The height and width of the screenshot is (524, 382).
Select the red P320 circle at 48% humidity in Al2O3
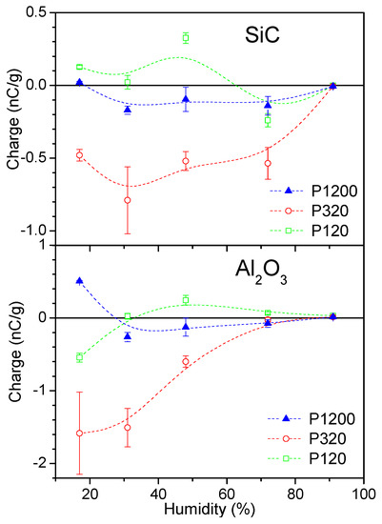(186, 361)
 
